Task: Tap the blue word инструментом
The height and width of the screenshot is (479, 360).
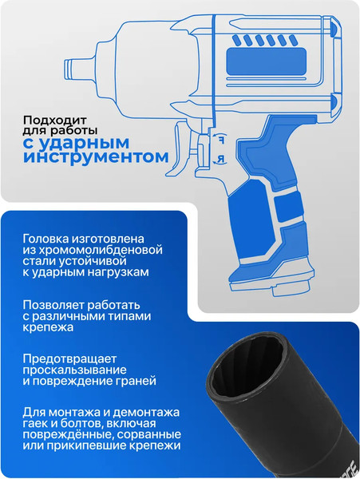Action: point(96,156)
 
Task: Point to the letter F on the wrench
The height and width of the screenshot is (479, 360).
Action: point(222,138)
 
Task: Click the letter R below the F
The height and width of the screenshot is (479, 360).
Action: point(222,158)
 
